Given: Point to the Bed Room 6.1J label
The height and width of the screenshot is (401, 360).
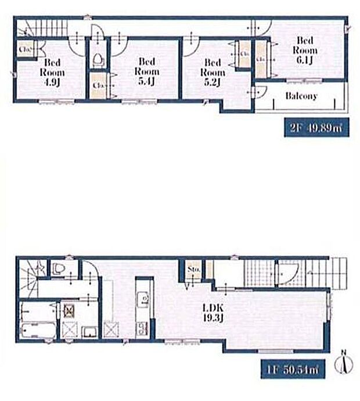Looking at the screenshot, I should [x=305, y=50].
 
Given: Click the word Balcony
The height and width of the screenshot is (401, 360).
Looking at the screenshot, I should [x=301, y=96].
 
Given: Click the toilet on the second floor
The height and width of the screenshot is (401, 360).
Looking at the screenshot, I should [x=98, y=59].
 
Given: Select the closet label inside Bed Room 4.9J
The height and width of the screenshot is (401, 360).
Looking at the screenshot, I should [x=24, y=50].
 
